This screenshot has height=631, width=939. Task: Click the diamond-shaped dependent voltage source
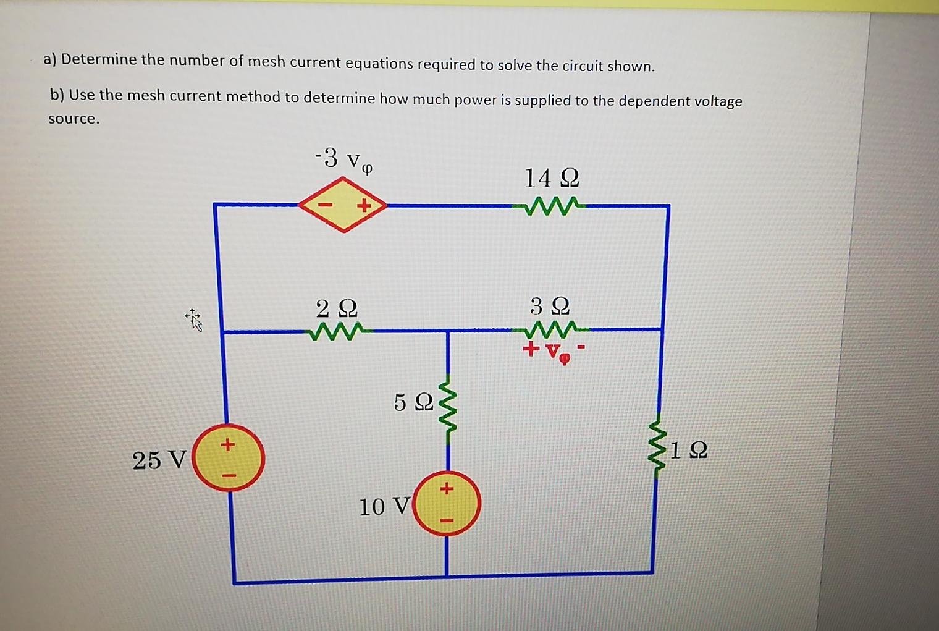tap(343, 205)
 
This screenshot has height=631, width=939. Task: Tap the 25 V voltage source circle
tap(228, 458)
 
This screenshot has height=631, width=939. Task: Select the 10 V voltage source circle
tap(447, 503)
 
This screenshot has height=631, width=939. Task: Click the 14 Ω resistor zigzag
tap(550, 205)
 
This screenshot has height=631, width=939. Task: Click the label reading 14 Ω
tap(552, 179)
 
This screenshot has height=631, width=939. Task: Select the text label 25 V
tap(159, 460)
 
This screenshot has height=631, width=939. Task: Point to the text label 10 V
tap(384, 507)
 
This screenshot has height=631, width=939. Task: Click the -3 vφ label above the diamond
tap(343, 159)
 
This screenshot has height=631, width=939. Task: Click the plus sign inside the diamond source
tap(364, 205)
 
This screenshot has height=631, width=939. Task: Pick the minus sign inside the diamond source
tap(326, 205)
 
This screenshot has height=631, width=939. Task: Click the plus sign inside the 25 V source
tap(228, 444)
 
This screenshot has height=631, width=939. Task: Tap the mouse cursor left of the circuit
tap(194, 320)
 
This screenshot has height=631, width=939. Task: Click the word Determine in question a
tap(99, 59)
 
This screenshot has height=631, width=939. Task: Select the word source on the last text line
tap(74, 119)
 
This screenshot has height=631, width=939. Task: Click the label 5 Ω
tap(413, 402)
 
